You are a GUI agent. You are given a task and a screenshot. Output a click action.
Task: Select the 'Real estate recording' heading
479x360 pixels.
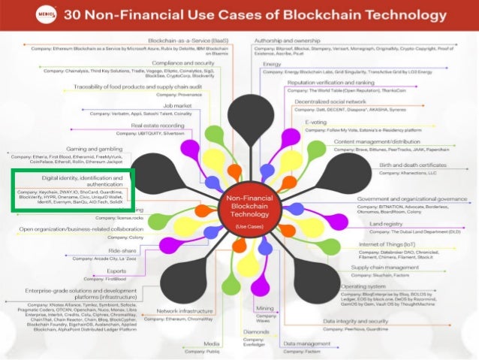pyautogui.click(x=158, y=126)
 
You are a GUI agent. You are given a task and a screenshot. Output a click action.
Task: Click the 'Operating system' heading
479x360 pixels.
pyautogui.click(x=364, y=286)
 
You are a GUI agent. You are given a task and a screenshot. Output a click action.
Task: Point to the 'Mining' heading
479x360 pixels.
pyautogui.click(x=264, y=308)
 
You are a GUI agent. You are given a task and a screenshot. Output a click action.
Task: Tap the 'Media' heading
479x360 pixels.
pyautogui.click(x=212, y=343)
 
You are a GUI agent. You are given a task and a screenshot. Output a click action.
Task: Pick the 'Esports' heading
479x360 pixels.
pyautogui.click(x=115, y=271)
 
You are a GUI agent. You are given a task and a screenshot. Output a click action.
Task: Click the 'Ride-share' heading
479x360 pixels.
pyautogui.click(x=122, y=250)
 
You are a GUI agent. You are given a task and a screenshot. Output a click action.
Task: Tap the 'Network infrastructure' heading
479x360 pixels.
pyautogui.click(x=183, y=311)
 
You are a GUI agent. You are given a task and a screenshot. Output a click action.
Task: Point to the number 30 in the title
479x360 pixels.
pyautogui.click(x=75, y=14)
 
